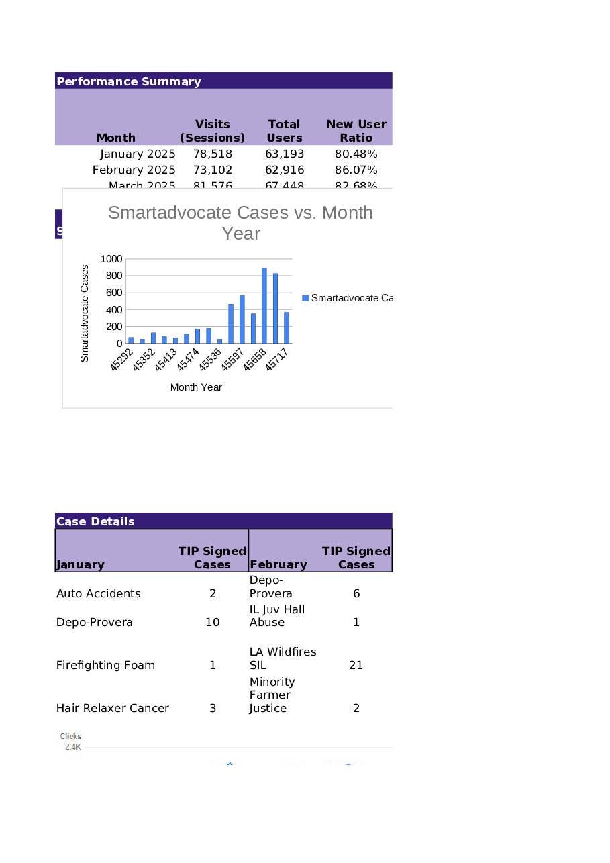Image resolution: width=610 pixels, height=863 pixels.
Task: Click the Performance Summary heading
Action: (x=129, y=81)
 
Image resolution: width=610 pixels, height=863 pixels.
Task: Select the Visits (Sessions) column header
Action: (x=212, y=131)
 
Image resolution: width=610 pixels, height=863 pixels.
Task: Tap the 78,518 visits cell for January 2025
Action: (x=212, y=154)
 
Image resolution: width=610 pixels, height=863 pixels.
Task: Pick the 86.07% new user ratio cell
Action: (x=356, y=170)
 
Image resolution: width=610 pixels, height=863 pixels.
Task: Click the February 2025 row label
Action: (x=134, y=170)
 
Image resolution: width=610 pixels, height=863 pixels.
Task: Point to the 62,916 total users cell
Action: (x=285, y=170)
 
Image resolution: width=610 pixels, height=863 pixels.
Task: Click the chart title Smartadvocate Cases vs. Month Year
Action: (x=240, y=222)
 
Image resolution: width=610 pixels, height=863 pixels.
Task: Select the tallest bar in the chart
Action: (x=264, y=305)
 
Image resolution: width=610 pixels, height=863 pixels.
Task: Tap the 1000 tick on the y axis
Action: (x=111, y=259)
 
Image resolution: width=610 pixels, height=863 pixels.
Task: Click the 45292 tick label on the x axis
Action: (x=122, y=359)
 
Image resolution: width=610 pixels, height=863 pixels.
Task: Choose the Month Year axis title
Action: (x=196, y=387)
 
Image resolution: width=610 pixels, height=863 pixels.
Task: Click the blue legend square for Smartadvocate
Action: (x=305, y=298)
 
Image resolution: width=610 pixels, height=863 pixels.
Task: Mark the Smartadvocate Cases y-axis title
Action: (x=85, y=313)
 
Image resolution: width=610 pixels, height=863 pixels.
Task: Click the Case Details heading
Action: (x=95, y=521)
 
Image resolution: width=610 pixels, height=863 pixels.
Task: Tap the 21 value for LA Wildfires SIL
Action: (x=356, y=665)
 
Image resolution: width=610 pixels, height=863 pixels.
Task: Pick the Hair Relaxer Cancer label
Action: (x=113, y=708)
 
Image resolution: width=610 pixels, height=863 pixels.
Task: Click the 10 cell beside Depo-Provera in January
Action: (x=212, y=622)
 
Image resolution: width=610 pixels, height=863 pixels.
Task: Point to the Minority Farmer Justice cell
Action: (x=272, y=695)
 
